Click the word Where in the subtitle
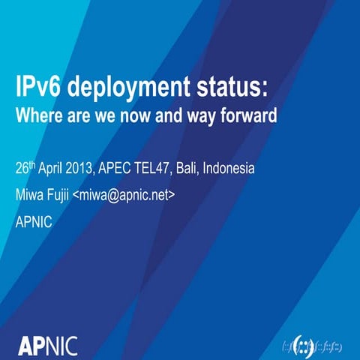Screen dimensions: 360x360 click(x=37, y=117)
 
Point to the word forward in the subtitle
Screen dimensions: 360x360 click(x=250, y=117)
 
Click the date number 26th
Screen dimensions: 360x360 click(x=28, y=168)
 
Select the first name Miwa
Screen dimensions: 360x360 click(x=29, y=195)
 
